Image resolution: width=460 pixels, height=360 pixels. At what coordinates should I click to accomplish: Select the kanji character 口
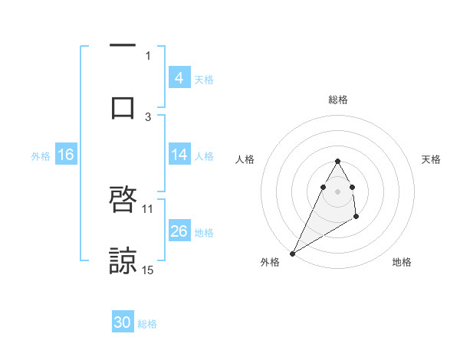click(x=123, y=107)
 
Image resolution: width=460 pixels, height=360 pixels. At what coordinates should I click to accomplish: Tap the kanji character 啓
click(x=123, y=200)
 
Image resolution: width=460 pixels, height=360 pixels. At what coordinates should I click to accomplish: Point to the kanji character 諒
click(x=123, y=261)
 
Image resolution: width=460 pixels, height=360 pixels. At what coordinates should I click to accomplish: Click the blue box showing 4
click(x=179, y=77)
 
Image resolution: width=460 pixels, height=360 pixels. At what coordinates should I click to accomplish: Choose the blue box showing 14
click(x=179, y=155)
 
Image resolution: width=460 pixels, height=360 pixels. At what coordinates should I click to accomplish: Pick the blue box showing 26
click(x=179, y=231)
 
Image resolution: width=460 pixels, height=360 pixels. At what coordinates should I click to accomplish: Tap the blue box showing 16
click(x=65, y=155)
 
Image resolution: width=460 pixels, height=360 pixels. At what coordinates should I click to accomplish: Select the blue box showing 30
click(x=123, y=322)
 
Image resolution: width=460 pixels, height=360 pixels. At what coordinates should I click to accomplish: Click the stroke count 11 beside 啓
click(x=148, y=208)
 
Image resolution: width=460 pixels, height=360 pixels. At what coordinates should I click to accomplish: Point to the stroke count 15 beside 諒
click(x=148, y=270)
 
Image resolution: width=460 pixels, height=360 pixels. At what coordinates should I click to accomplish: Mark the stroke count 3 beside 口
click(x=148, y=116)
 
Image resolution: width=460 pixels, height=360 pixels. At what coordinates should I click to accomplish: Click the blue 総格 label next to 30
click(x=147, y=324)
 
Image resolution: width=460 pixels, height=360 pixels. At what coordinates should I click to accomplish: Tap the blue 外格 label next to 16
click(x=41, y=156)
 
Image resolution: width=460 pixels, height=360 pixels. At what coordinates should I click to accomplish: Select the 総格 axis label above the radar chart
click(x=337, y=100)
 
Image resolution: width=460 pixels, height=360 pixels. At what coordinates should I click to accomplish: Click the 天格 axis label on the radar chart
click(x=432, y=159)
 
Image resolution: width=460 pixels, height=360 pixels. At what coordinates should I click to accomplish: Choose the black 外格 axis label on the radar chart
click(x=270, y=262)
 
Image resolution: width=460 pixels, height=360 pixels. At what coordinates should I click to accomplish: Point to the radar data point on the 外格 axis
click(x=292, y=253)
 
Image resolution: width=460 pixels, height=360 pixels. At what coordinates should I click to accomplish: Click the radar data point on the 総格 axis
click(x=337, y=161)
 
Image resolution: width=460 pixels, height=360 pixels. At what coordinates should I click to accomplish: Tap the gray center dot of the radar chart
click(x=337, y=191)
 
